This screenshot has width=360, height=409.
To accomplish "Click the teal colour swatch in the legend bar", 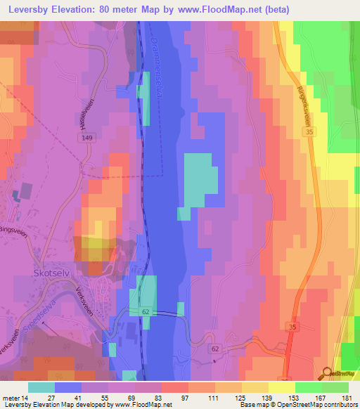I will [x=41, y=387].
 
